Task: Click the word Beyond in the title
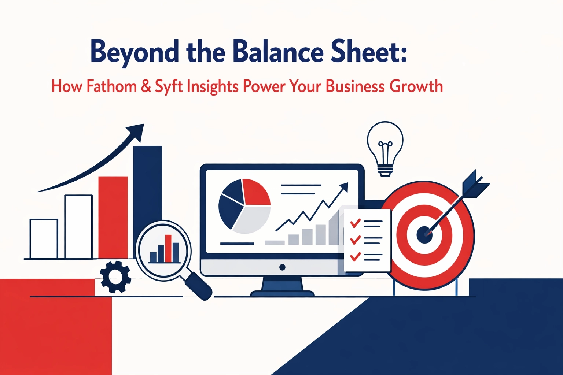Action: point(134,52)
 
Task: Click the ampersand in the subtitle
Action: point(146,86)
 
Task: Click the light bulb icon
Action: point(385,148)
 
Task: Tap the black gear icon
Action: point(115,276)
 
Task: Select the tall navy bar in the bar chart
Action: point(147,190)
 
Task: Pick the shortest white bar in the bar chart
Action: point(44,238)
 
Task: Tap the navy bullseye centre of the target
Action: point(424,234)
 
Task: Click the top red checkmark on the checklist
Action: point(355,222)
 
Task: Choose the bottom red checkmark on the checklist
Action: point(355,256)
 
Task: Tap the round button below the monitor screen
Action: point(282,267)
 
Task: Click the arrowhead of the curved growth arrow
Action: point(137,131)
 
